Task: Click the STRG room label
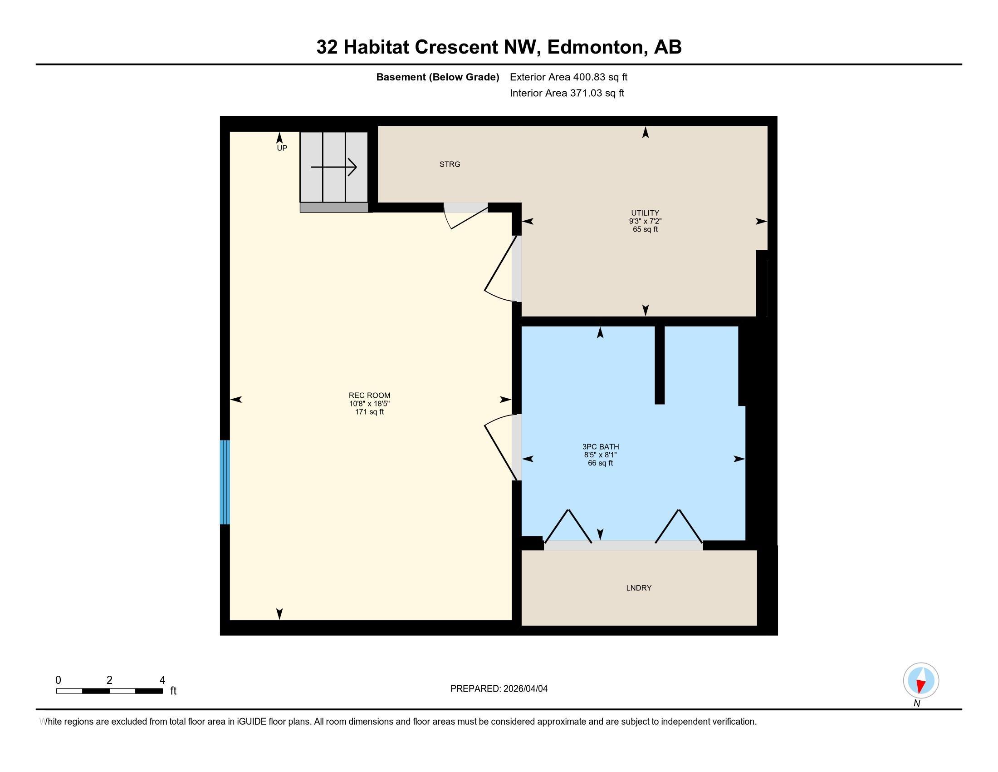450,164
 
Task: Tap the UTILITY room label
645,213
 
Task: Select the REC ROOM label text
369,395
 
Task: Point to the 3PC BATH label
601,446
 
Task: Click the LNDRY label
638,588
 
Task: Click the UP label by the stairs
282,148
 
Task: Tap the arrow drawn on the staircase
333,167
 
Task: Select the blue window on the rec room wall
225,481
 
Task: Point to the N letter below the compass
917,704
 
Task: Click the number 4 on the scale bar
162,680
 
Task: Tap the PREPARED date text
499,688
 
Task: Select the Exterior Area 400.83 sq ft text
568,77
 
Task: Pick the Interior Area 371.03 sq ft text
567,93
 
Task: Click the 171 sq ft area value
369,411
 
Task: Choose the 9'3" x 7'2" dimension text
645,221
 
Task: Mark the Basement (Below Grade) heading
437,77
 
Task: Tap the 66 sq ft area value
600,463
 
